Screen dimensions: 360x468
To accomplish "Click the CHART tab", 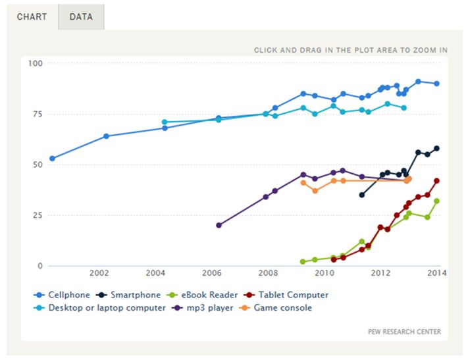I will tap(32, 16).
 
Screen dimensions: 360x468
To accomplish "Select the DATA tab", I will tap(81, 16).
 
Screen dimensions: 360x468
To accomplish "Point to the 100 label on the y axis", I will tap(35, 63).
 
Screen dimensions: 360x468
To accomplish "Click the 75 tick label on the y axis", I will tap(37, 114).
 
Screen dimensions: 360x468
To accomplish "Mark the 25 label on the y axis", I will tap(37, 215).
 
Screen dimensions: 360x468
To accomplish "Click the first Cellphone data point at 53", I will tap(53, 159).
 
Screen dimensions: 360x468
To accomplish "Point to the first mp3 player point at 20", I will tap(219, 225).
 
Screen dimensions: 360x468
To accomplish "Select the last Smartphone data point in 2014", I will tap(436, 149).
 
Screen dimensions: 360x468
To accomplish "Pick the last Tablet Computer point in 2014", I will tap(436, 181).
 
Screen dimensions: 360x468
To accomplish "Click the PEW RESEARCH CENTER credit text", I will tap(404, 332).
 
